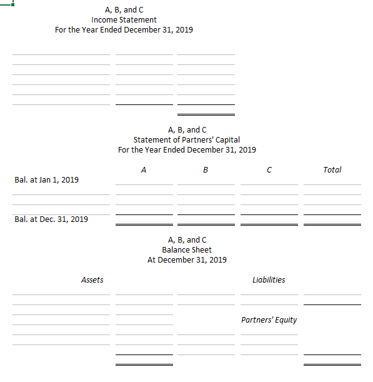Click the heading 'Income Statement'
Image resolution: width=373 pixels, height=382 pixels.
pos(124,20)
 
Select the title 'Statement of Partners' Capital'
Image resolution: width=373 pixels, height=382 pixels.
pos(187,140)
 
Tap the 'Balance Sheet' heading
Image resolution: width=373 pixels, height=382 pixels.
pos(187,250)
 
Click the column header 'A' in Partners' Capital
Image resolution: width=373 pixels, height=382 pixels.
pos(144,169)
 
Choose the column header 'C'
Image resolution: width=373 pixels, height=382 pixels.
pos(269,169)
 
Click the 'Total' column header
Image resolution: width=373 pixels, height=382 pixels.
pos(332,169)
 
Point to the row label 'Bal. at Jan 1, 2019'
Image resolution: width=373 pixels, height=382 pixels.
pos(46,180)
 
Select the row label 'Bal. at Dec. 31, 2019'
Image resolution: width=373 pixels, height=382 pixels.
pos(51,219)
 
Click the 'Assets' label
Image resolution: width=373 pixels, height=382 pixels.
pos(92,280)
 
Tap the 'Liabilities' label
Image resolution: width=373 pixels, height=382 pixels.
pos(269,280)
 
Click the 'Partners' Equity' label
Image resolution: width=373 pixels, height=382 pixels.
pos(269,320)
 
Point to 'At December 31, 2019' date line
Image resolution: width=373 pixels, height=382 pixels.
pos(187,260)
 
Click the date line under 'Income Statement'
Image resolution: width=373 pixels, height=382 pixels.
pos(124,30)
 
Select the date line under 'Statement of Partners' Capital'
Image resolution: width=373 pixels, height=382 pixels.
pos(187,150)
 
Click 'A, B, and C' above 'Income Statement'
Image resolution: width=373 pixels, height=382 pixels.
pos(124,10)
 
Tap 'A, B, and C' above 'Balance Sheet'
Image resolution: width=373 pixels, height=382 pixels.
pos(187,240)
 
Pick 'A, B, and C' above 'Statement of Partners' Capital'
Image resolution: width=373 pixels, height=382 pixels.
pos(187,130)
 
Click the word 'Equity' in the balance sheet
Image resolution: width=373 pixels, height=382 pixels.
pos(284,320)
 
